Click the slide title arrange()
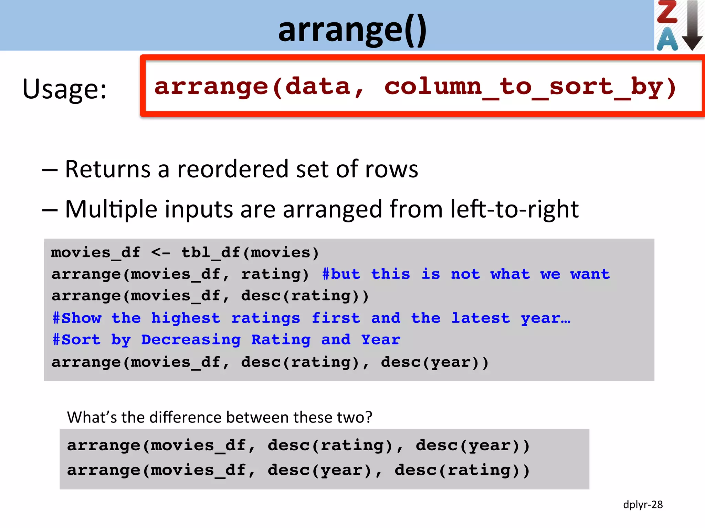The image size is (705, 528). click(x=352, y=30)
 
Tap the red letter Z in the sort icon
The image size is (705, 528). click(x=667, y=13)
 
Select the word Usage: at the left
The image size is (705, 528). click(x=64, y=89)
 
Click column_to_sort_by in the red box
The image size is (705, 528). click(x=530, y=87)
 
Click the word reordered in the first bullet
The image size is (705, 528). click(x=233, y=169)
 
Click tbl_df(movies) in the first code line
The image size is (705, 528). click(x=250, y=253)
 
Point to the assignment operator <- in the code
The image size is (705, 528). click(x=160, y=253)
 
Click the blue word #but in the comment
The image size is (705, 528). click(x=341, y=274)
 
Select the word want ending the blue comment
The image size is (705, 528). click(x=590, y=274)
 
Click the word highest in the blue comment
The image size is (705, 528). click(x=186, y=318)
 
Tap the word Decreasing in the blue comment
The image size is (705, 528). click(x=191, y=340)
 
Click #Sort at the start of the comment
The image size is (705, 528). click(x=76, y=340)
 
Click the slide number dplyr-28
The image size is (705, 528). click(x=643, y=505)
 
